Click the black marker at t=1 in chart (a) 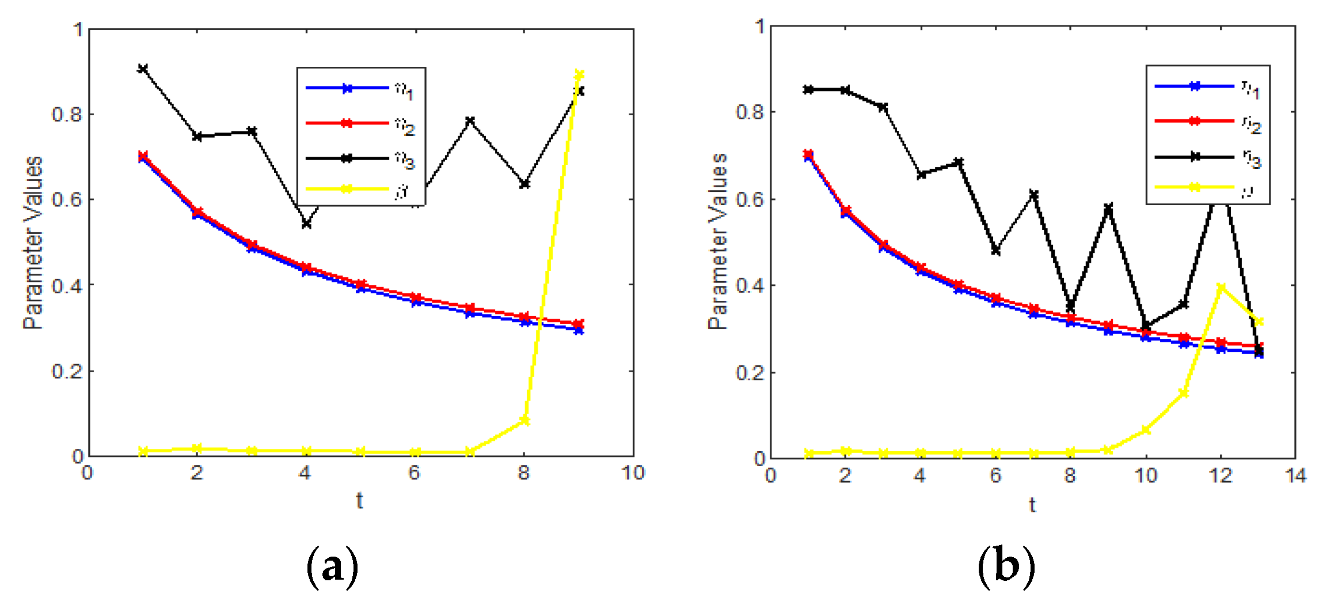click(143, 69)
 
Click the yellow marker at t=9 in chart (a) click(579, 75)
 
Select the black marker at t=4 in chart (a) click(306, 224)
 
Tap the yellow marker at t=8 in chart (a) click(524, 421)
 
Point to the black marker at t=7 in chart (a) click(470, 121)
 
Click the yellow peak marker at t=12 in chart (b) click(1221, 287)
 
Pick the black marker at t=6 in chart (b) click(995, 251)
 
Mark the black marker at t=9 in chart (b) click(1108, 207)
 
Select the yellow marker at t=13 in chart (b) click(1259, 322)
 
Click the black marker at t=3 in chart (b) click(883, 107)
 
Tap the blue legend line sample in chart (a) click(347, 88)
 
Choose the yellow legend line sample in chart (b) click(1194, 187)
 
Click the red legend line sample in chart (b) click(1194, 121)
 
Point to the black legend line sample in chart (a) click(347, 158)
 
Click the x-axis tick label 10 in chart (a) click(633, 473)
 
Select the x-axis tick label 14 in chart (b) click(1295, 475)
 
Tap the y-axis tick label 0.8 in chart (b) click(750, 112)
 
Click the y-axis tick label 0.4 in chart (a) click(67, 286)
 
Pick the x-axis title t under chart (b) click(1032, 505)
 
